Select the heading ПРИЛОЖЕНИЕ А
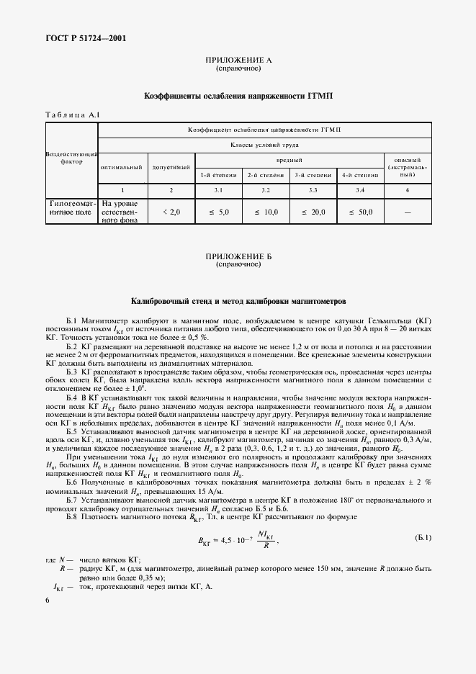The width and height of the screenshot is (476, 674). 238,60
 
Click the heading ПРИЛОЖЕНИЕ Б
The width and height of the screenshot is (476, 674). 238,256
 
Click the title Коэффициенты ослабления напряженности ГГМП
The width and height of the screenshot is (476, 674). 238,95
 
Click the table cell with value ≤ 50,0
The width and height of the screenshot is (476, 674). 360,212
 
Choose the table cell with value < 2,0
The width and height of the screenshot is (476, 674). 170,212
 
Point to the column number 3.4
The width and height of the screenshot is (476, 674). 360,189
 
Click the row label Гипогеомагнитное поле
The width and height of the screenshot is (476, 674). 71,209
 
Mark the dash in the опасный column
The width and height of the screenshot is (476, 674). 408,212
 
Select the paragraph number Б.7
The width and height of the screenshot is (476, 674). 74,500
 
